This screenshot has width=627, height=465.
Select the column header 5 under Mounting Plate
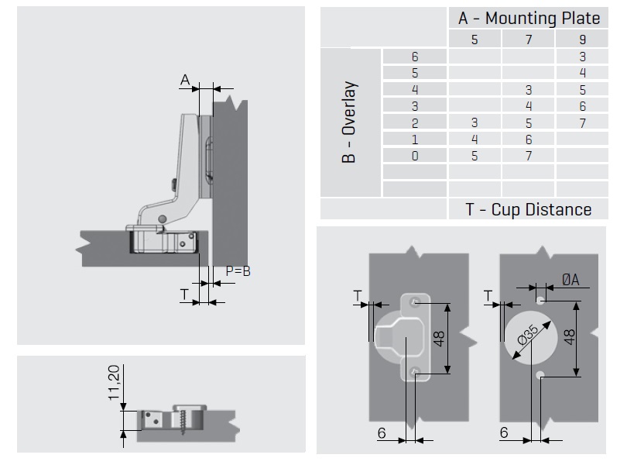475,40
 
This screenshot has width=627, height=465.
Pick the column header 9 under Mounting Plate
582,40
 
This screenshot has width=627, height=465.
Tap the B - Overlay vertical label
349,122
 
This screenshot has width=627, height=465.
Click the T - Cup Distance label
528,209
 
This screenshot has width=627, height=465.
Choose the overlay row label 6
415,57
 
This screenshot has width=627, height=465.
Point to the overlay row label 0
415,157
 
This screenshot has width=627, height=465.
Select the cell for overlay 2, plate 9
582,123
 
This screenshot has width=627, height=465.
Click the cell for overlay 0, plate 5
475,157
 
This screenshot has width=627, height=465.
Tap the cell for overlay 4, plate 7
529,90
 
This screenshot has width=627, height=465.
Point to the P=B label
238,271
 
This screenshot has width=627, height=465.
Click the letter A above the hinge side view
185,79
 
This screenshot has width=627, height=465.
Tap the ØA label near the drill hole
570,280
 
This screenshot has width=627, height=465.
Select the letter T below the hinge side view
183,294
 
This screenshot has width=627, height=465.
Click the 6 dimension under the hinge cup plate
382,432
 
